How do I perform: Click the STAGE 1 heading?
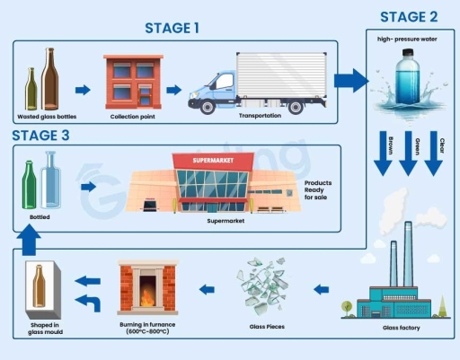click(172, 28)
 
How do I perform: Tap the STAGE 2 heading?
click(410, 16)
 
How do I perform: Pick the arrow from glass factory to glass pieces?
click(323, 289)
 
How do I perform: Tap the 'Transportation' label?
click(260, 116)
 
